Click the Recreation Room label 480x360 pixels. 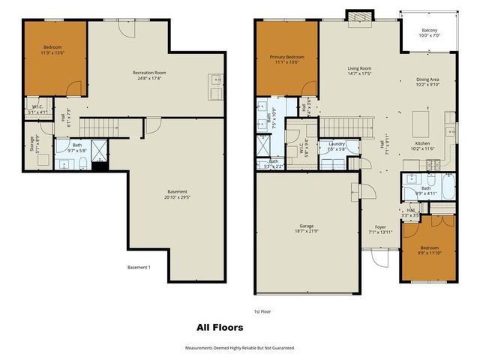coord(149,73)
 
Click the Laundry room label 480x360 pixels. coord(336,144)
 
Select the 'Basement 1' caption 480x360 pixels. coord(139,268)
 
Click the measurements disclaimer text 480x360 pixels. coord(240,348)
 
